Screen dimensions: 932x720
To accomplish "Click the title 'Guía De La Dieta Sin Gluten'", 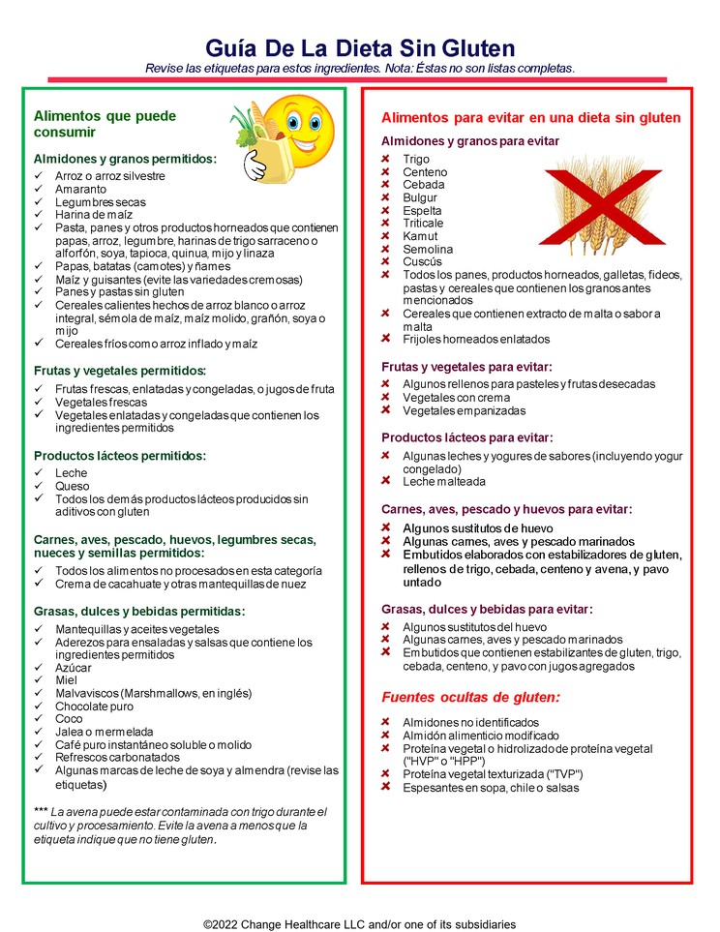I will [x=360, y=48].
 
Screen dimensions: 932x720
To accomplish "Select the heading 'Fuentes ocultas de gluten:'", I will [x=470, y=697].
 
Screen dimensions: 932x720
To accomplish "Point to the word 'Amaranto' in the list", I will [x=79, y=190].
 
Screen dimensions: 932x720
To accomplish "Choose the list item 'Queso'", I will [x=72, y=486].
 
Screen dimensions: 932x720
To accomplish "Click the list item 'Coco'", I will [x=69, y=719].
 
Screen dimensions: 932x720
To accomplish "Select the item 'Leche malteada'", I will [x=444, y=481].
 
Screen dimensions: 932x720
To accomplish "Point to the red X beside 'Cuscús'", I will [x=385, y=261].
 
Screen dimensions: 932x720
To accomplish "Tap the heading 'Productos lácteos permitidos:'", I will [x=120, y=456].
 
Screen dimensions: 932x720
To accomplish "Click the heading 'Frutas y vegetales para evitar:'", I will [x=466, y=367].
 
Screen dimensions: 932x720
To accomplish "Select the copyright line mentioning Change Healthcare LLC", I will [x=359, y=924].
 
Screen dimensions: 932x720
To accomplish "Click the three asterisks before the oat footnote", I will [x=41, y=811].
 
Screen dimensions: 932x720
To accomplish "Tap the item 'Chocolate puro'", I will [x=94, y=707].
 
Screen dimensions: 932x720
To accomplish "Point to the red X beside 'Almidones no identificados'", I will [x=385, y=723].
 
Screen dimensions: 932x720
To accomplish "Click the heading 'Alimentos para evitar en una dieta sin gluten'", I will [x=530, y=118].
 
